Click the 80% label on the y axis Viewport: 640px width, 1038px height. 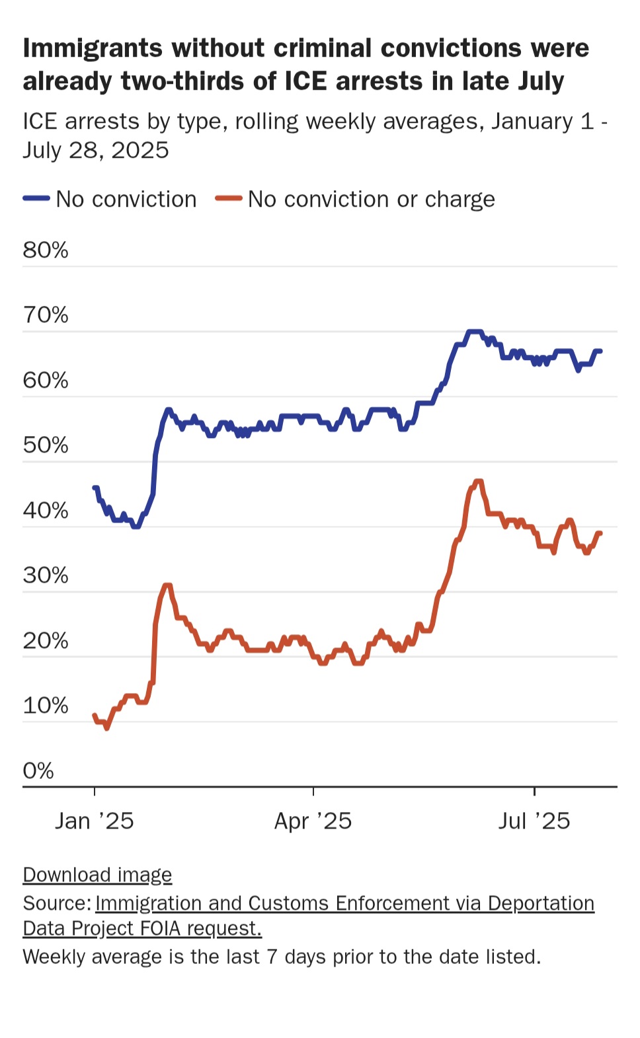point(46,250)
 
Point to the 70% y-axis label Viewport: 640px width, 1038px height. point(46,315)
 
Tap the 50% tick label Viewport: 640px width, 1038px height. point(46,445)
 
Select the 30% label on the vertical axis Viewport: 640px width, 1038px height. point(46,575)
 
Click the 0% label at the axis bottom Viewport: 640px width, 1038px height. point(38,770)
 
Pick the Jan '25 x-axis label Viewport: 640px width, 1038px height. point(95,821)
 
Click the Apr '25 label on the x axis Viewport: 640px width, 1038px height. point(313,821)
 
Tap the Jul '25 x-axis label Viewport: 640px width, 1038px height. point(534,821)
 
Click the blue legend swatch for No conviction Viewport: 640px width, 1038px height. point(36,198)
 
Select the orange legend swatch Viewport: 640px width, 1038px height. point(229,198)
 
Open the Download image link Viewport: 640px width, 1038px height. point(97,874)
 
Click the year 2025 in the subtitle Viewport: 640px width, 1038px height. point(140,150)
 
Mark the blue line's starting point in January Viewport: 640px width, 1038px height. point(95,488)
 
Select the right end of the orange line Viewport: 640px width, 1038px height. point(600,533)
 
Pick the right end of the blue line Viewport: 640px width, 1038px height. point(600,351)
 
